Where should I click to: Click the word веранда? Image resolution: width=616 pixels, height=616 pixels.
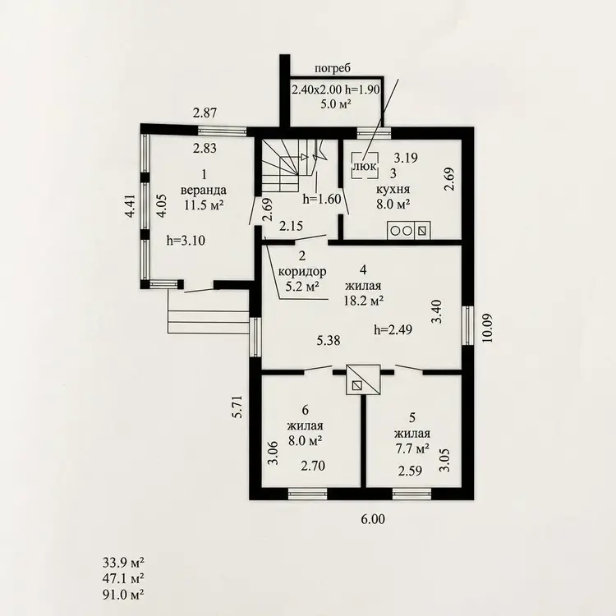pyautogui.click(x=204, y=191)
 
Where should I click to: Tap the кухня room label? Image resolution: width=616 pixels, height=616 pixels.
pyautogui.click(x=393, y=190)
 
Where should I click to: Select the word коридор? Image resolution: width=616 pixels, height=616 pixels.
pyautogui.click(x=302, y=272)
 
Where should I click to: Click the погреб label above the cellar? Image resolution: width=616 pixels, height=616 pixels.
pyautogui.click(x=333, y=68)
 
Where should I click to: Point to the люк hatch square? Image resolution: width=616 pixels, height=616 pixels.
pyautogui.click(x=365, y=166)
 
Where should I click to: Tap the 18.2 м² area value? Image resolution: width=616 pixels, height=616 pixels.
pyautogui.click(x=362, y=301)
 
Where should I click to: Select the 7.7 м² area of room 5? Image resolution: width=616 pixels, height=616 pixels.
pyautogui.click(x=411, y=448)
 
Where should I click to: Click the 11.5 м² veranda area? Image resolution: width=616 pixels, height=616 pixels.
pyautogui.click(x=204, y=205)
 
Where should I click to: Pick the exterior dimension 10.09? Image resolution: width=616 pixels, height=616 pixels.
pyautogui.click(x=487, y=328)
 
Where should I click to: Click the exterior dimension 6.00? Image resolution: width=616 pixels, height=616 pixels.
pyautogui.click(x=373, y=519)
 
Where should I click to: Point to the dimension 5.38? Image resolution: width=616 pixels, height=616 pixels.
pyautogui.click(x=329, y=340)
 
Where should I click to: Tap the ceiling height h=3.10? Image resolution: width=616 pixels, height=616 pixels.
pyautogui.click(x=186, y=240)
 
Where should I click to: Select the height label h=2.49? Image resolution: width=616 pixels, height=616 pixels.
pyautogui.click(x=393, y=329)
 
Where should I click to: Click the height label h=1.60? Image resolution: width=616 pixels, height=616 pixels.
pyautogui.click(x=322, y=199)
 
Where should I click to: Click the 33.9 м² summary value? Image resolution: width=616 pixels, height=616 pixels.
pyautogui.click(x=123, y=563)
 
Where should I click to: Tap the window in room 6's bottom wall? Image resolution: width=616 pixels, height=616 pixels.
pyautogui.click(x=308, y=494)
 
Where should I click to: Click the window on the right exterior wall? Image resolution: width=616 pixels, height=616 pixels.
pyautogui.click(x=467, y=326)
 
